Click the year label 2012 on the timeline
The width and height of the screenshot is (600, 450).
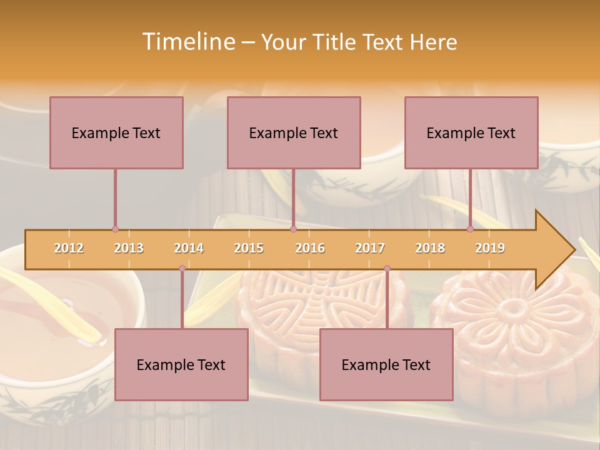[x=69, y=248]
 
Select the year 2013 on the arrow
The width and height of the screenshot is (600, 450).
[x=129, y=248]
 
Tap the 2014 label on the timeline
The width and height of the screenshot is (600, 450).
[x=189, y=248]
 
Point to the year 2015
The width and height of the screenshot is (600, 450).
[x=249, y=248]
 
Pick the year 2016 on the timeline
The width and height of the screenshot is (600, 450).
[x=310, y=248]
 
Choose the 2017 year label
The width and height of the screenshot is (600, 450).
[x=370, y=248]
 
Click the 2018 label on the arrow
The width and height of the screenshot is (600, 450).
[x=430, y=248]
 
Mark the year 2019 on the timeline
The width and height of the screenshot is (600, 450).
[x=490, y=248]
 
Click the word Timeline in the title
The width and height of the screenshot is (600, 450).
[x=187, y=42]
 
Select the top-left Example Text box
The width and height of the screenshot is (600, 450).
[x=116, y=132]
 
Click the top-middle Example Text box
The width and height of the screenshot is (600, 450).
[x=294, y=132]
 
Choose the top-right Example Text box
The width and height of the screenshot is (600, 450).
[x=471, y=132]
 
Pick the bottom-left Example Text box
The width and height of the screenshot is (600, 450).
[x=181, y=364]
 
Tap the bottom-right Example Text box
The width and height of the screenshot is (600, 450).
[x=386, y=364]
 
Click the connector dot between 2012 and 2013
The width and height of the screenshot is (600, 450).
[x=115, y=229]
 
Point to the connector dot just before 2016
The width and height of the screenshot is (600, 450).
[x=293, y=229]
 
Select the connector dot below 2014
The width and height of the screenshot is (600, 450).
[x=182, y=269]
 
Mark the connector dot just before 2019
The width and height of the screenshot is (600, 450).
[x=470, y=229]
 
